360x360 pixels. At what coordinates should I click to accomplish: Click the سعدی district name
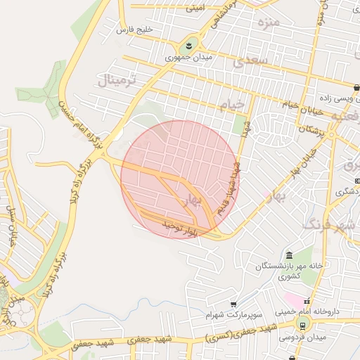pos(253,62)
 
